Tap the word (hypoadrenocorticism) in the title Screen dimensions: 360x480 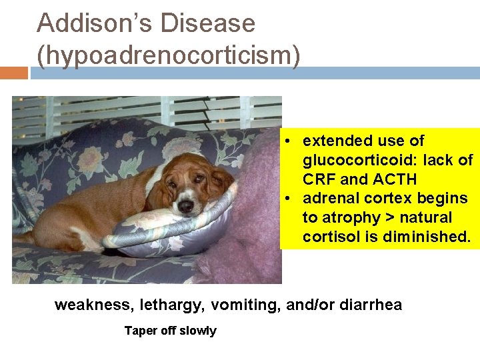pyautogui.click(x=168, y=55)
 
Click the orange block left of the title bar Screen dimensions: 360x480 pyautogui.click(x=13, y=73)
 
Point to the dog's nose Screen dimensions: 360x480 pyautogui.click(x=185, y=205)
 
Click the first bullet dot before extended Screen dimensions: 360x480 pyautogui.click(x=285, y=141)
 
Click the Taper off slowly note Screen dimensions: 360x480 pyautogui.click(x=170, y=331)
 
